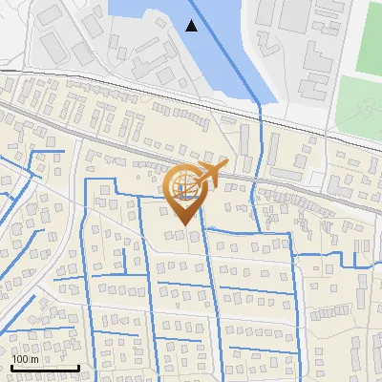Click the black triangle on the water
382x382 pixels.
(193, 26)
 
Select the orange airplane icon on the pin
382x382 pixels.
(208, 173)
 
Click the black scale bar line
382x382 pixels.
(45, 368)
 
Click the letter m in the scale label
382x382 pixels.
(34, 359)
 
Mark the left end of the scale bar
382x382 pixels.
(11, 368)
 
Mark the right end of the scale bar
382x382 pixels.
(78, 368)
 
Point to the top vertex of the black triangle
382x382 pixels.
(193, 20)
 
